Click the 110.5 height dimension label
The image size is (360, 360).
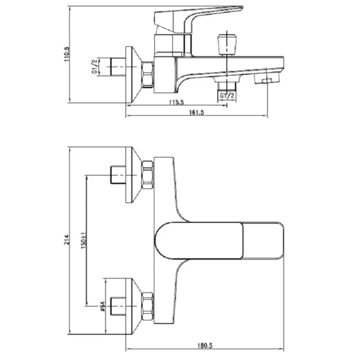(67, 54)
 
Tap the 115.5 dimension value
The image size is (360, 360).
(176, 102)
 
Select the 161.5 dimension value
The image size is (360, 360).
(196, 113)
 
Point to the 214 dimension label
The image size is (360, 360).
(67, 239)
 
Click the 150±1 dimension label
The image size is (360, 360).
(84, 240)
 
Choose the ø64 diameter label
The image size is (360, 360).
(102, 306)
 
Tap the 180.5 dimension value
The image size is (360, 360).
(205, 346)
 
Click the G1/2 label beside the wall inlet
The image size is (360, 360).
(95, 67)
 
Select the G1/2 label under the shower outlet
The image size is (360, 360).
(227, 95)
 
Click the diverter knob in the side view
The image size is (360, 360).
(227, 45)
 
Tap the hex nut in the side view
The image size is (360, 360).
(147, 74)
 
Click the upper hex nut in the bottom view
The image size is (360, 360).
(148, 175)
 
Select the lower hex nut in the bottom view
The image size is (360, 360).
(148, 306)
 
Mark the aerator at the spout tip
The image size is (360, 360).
(267, 79)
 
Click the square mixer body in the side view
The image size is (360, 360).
(165, 75)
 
